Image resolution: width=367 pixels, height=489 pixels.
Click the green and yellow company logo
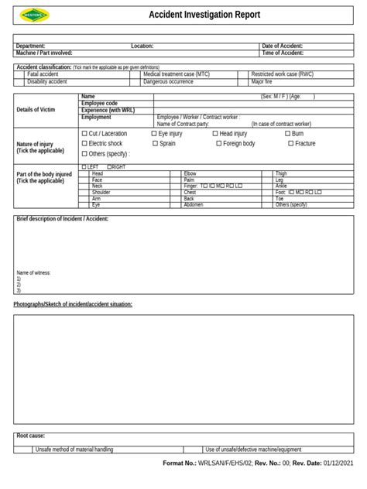tap(34, 15)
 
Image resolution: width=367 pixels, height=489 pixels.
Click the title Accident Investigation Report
tap(204, 15)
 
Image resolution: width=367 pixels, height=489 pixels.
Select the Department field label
tap(31, 46)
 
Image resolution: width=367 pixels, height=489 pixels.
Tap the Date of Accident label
tap(283, 46)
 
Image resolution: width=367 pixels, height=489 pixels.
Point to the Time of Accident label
tap(283, 53)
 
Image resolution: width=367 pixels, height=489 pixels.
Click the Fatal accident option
tap(43, 74)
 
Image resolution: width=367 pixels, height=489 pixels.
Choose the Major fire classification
tap(262, 81)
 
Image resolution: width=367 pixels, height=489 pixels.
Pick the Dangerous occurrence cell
tap(168, 81)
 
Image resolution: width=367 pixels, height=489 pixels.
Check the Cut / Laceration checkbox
tap(84, 134)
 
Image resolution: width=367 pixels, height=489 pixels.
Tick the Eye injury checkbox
tap(154, 134)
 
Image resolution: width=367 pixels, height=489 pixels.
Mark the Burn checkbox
tap(287, 134)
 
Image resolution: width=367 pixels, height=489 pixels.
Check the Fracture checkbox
tap(290, 144)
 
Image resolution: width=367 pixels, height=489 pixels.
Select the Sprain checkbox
tap(154, 144)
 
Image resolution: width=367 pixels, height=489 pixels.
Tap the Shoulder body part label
tap(101, 192)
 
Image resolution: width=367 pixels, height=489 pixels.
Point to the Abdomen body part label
tap(193, 204)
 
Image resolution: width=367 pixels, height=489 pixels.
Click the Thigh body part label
tap(280, 173)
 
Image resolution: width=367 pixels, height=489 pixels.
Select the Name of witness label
tap(34, 272)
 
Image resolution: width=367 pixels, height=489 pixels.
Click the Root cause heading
tap(31, 436)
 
